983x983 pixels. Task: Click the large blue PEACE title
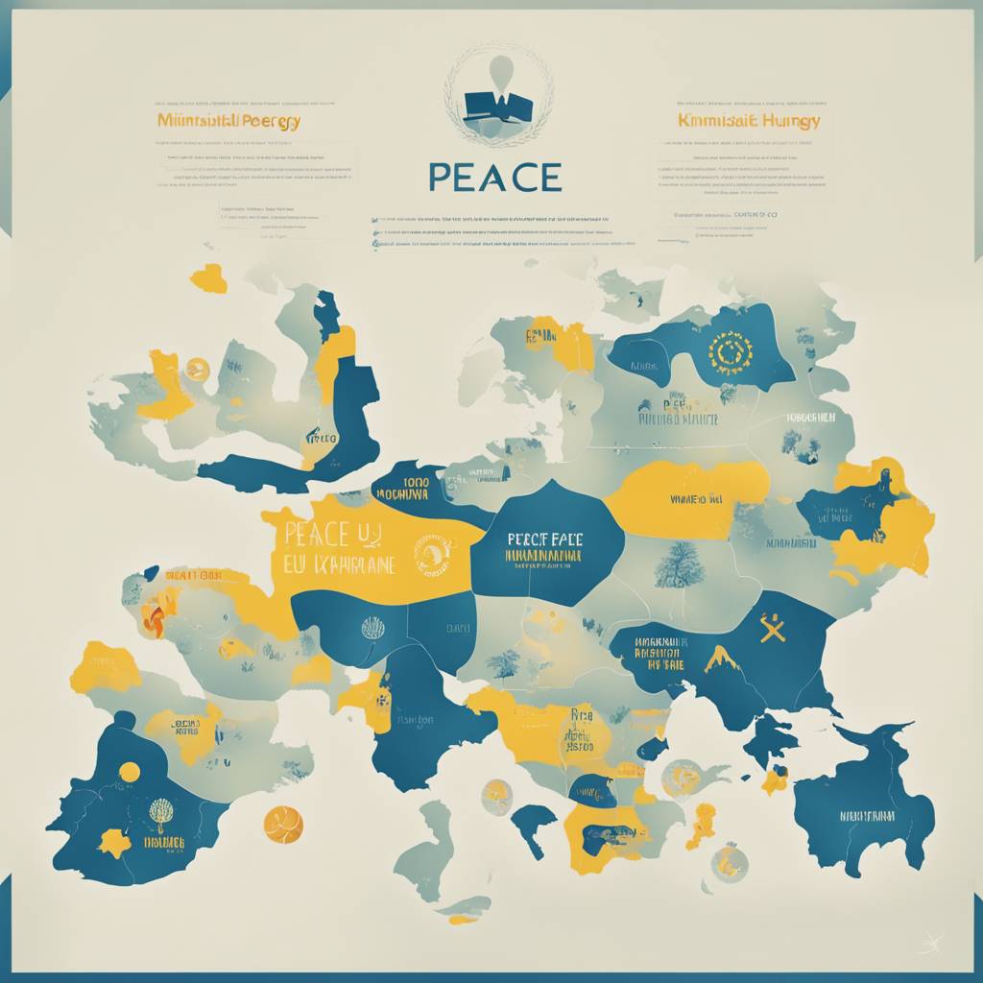tap(494, 178)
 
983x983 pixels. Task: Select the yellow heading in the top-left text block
tap(228, 122)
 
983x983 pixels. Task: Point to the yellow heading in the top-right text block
tap(749, 121)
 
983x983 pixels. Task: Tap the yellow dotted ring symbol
tap(727, 354)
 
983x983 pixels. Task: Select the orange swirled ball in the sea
tap(283, 824)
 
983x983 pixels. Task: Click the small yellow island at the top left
tap(208, 278)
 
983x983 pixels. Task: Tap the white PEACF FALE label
tap(544, 539)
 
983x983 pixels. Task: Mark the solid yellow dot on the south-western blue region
tap(129, 772)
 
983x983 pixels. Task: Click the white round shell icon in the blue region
tap(372, 628)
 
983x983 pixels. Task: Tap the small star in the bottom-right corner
tap(928, 946)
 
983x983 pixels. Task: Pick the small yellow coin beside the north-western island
tap(198, 368)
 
